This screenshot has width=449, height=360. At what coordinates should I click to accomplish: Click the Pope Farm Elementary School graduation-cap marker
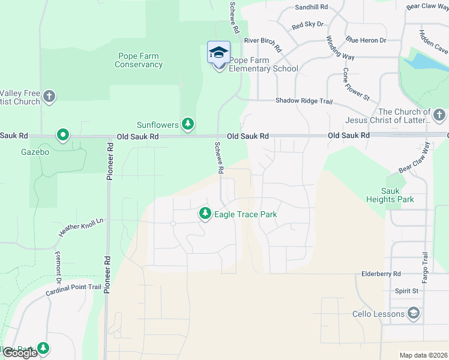point(218,53)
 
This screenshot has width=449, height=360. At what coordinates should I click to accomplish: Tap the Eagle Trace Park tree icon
point(205,214)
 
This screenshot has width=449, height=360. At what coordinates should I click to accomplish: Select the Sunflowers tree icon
point(188,124)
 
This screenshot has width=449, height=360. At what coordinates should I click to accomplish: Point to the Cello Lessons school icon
point(414,313)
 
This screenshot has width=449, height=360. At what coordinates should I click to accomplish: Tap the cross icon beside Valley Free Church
point(49,96)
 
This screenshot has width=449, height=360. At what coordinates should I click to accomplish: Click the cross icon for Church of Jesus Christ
point(439,114)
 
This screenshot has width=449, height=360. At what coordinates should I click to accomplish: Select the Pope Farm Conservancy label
point(139,61)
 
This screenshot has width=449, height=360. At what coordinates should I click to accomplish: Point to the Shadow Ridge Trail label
point(304,101)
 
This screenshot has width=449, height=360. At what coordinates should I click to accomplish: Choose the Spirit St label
point(406,291)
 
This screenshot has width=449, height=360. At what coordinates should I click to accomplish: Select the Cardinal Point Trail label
point(73,290)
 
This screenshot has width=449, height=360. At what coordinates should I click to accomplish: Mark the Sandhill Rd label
point(312,7)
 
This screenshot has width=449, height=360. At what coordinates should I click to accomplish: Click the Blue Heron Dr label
point(366,40)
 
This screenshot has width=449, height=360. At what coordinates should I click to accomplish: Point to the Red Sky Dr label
point(307,25)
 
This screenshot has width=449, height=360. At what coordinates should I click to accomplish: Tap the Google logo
point(19,353)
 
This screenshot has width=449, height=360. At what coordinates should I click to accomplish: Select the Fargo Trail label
point(426,269)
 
